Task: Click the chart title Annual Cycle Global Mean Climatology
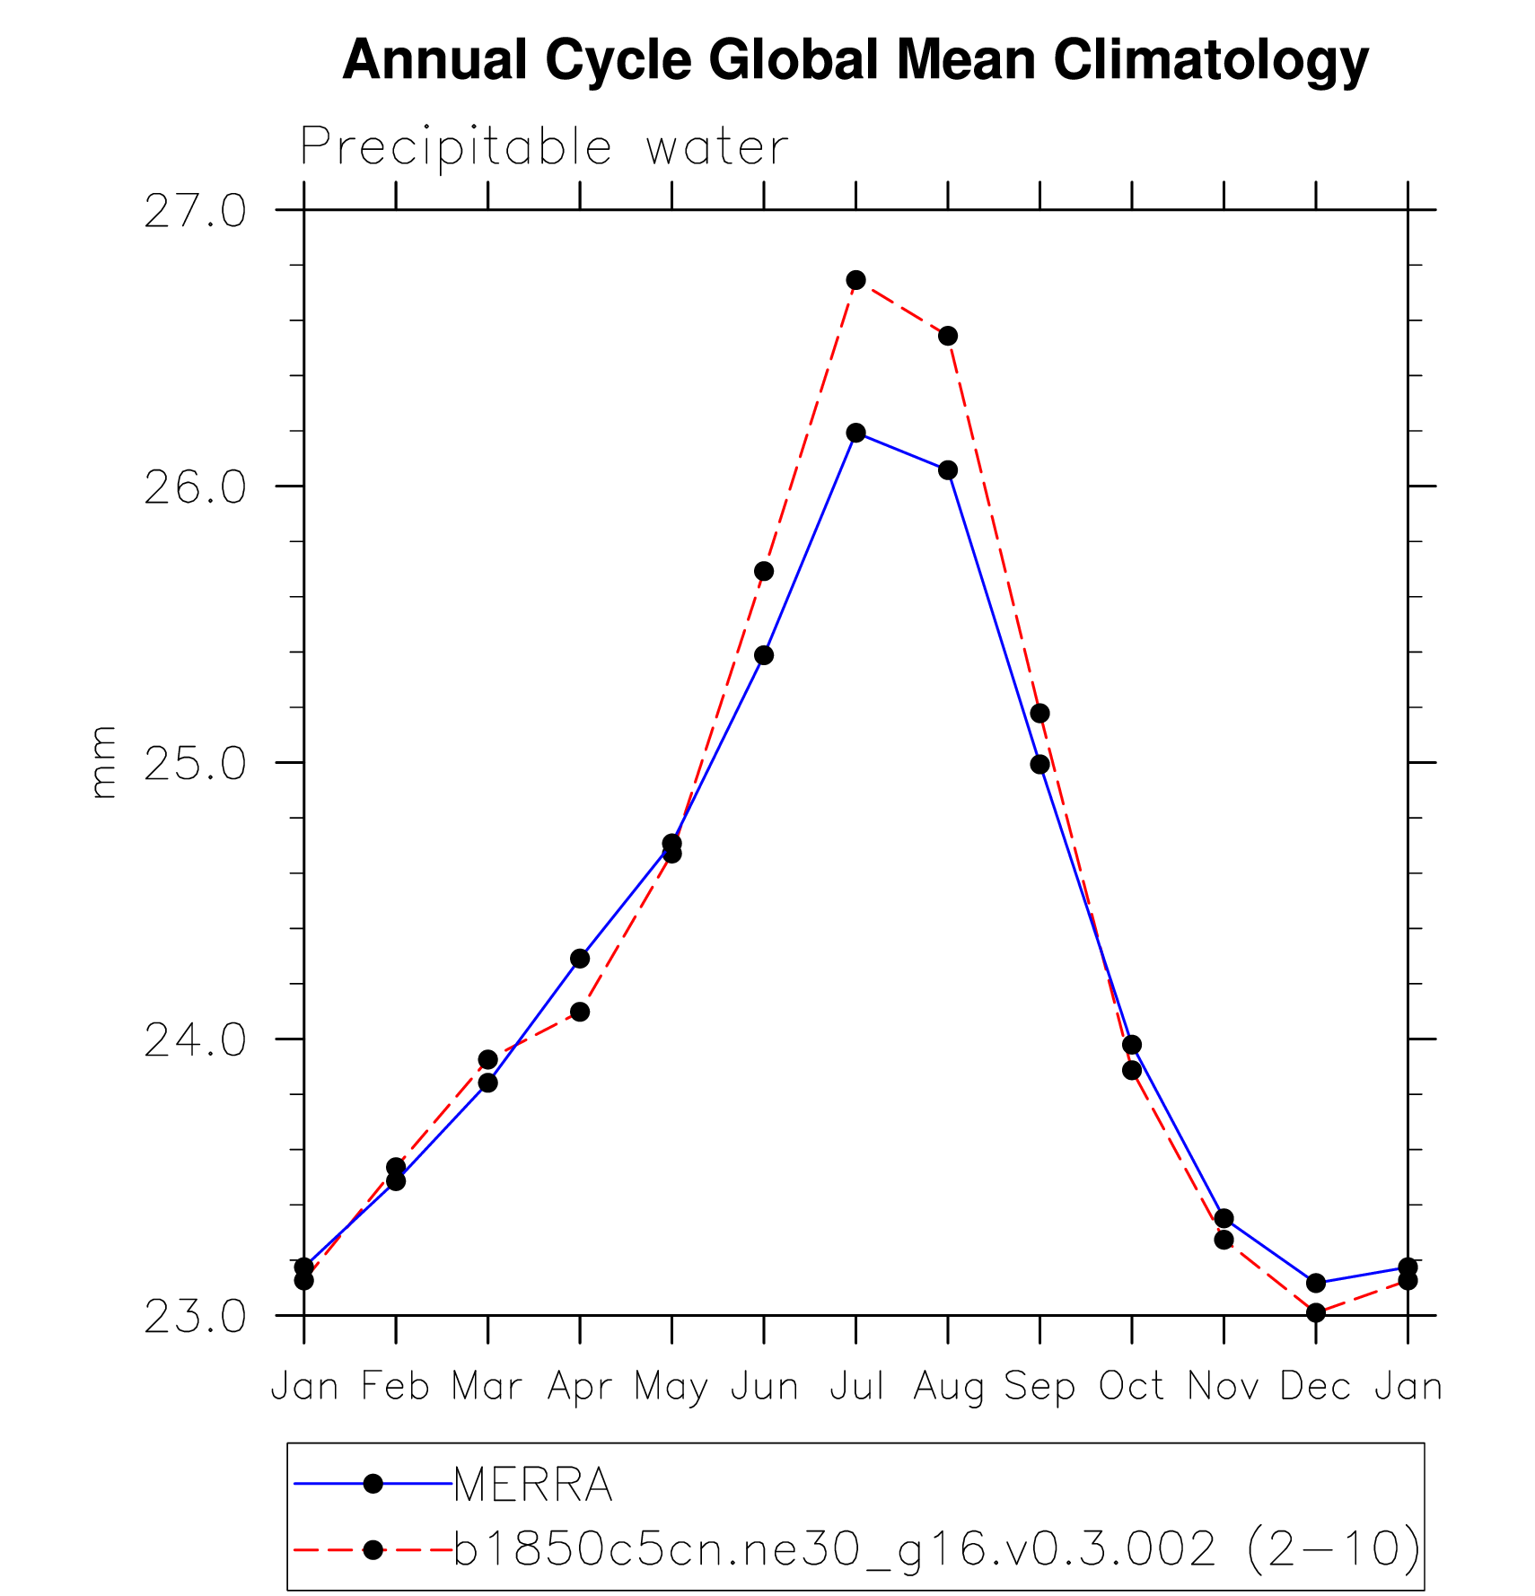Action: click(x=855, y=61)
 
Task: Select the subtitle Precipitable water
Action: click(x=544, y=147)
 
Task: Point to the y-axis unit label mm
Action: click(x=104, y=762)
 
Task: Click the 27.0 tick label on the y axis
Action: click(x=195, y=212)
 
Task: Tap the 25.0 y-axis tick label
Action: click(x=195, y=764)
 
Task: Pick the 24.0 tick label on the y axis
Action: click(x=195, y=1040)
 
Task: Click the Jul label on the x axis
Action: click(x=856, y=1387)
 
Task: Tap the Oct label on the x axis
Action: click(x=1131, y=1387)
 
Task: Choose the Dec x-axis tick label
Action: click(x=1315, y=1387)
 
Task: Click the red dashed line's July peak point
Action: click(x=855, y=280)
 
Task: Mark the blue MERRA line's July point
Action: click(x=855, y=433)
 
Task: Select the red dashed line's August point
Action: click(x=948, y=336)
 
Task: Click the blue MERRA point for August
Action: click(x=948, y=470)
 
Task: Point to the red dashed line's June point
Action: click(x=764, y=571)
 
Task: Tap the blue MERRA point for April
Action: click(x=580, y=959)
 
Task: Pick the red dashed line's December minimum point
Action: click(x=1316, y=1312)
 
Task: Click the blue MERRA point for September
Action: click(x=1039, y=764)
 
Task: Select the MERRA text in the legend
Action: click(x=533, y=1485)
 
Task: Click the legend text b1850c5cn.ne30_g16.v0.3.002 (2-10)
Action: click(x=936, y=1548)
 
